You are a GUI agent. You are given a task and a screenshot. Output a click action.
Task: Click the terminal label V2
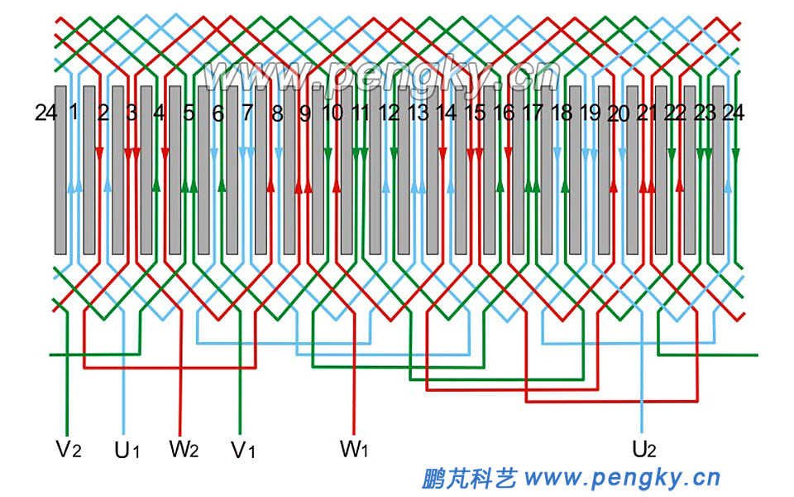click(x=68, y=450)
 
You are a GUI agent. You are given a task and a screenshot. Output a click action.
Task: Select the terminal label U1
click(x=127, y=451)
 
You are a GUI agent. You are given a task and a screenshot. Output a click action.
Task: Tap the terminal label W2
click(x=184, y=450)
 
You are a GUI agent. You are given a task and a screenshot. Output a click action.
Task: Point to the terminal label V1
click(x=242, y=451)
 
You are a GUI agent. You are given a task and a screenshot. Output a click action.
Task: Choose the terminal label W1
click(x=353, y=450)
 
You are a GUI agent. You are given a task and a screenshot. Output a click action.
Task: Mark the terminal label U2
click(x=643, y=450)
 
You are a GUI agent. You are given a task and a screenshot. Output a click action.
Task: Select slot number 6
click(x=218, y=113)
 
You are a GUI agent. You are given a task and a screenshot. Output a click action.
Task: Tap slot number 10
click(x=332, y=113)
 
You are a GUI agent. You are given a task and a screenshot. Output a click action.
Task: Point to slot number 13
click(x=418, y=113)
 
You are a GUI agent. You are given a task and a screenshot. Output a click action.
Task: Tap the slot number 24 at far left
click(x=45, y=113)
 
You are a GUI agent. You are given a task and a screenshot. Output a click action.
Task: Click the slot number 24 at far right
click(x=733, y=113)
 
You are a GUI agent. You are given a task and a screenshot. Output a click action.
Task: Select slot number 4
click(x=160, y=113)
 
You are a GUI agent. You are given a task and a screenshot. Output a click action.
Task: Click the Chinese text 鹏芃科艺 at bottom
click(x=468, y=478)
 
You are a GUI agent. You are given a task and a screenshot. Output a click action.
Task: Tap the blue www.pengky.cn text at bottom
click(x=622, y=478)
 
